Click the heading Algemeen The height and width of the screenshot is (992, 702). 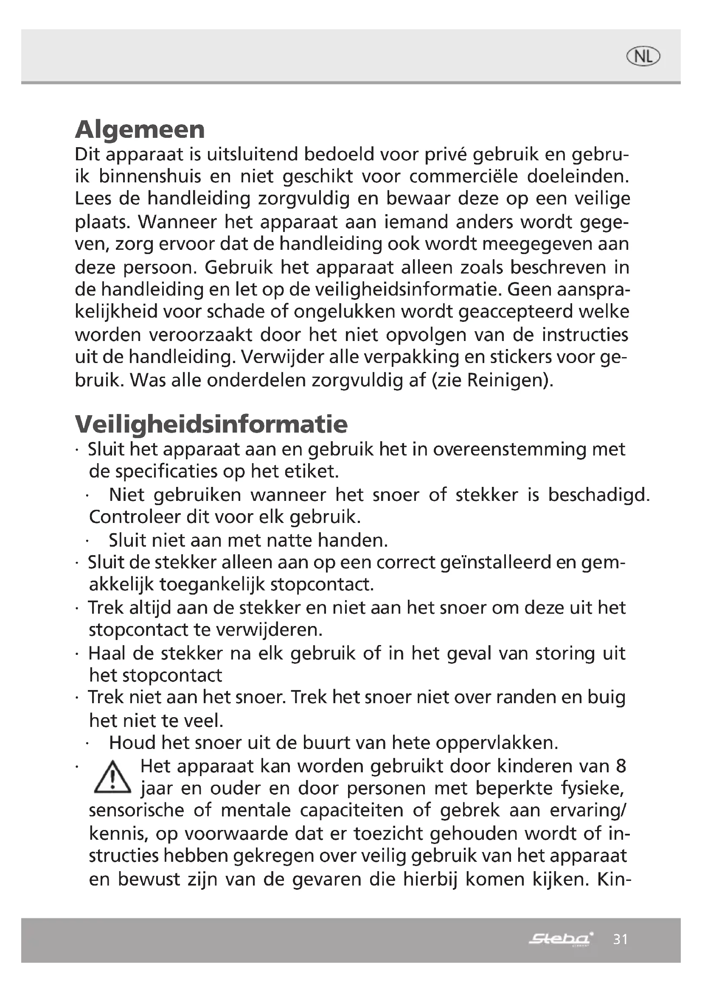click(140, 130)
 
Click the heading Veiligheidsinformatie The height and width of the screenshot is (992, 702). click(211, 424)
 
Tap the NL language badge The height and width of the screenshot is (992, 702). click(643, 56)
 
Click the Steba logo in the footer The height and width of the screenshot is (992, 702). click(561, 939)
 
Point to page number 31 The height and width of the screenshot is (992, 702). click(621, 939)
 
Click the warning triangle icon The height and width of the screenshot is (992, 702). click(112, 778)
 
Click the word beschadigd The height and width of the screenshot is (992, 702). click(599, 495)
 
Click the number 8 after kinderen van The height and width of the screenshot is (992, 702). click(621, 766)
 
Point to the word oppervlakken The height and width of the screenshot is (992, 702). click(497, 743)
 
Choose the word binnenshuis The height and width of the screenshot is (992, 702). click(150, 177)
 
